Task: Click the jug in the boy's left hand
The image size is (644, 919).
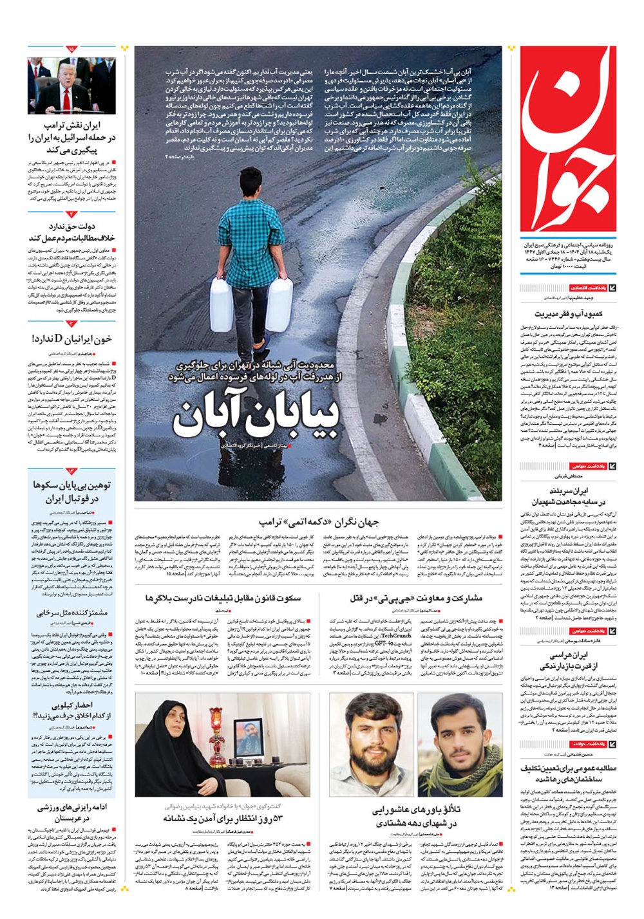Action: point(279,304)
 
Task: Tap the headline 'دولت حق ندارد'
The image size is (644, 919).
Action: point(72,227)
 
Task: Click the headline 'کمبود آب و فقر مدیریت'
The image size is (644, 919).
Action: point(568,313)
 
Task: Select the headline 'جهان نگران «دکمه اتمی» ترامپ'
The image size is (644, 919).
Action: point(319,522)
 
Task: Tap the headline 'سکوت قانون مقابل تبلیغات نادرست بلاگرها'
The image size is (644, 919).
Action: point(223,599)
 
